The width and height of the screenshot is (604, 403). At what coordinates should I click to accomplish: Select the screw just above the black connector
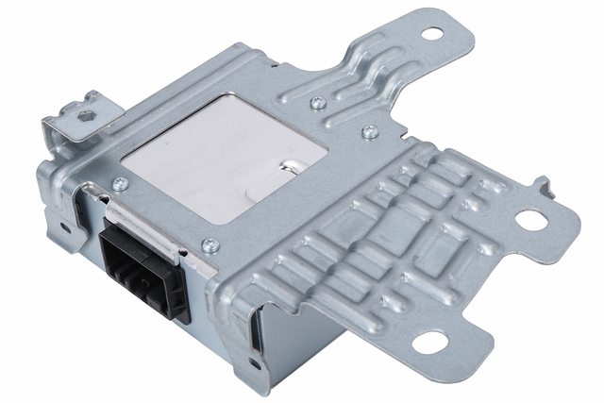click(x=119, y=184)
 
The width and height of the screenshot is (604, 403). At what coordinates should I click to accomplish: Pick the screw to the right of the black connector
click(x=211, y=246)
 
